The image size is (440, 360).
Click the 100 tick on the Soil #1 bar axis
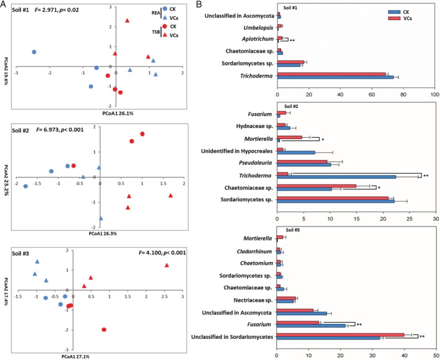[x=434, y=94]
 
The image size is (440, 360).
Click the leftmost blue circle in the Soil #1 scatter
[x=34, y=52]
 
